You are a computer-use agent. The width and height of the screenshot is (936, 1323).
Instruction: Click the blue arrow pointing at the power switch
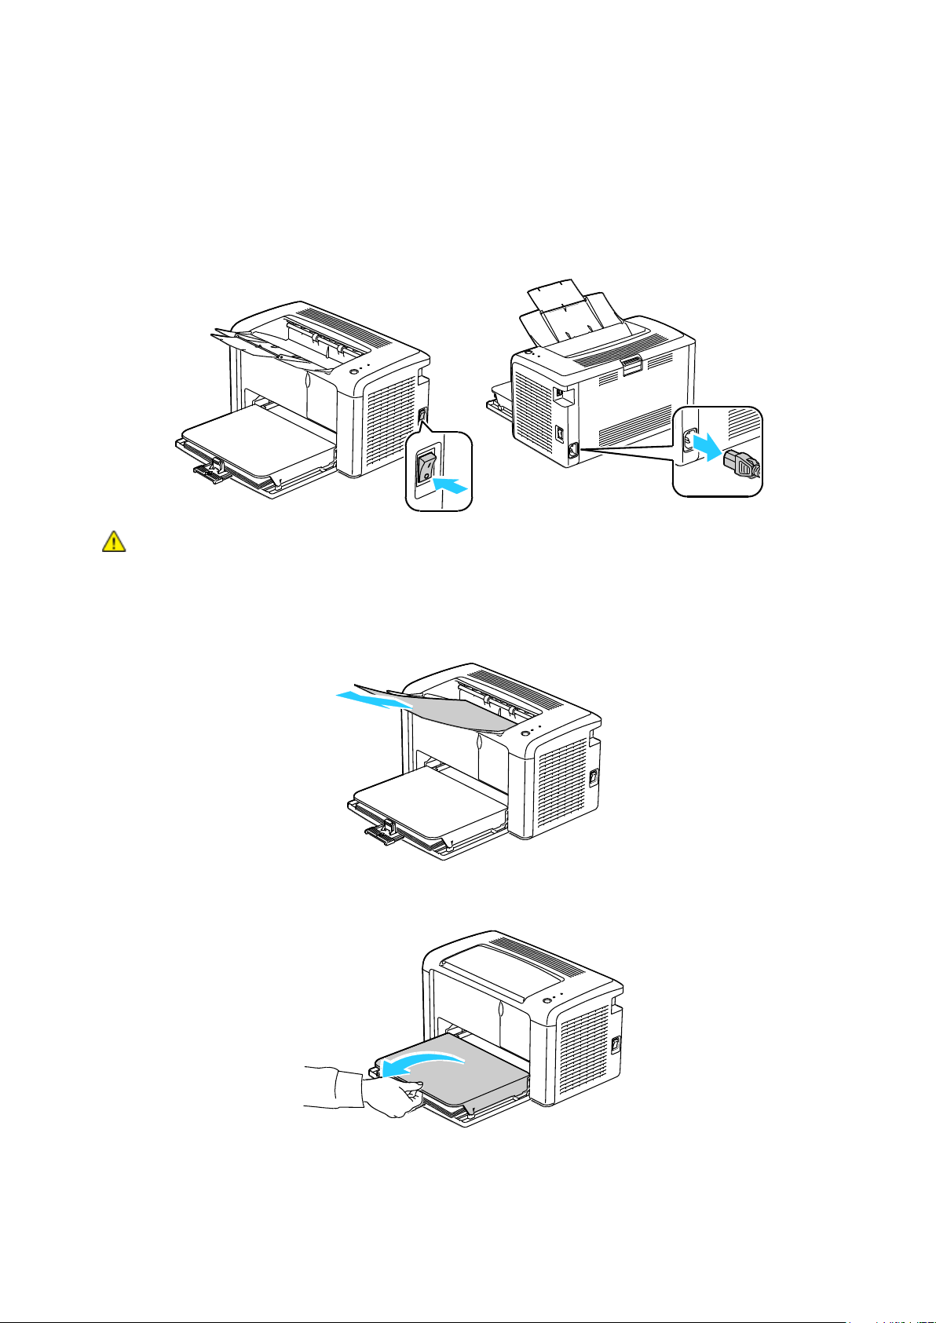click(x=450, y=485)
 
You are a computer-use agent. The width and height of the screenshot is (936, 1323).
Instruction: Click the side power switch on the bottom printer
click(x=616, y=1044)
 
